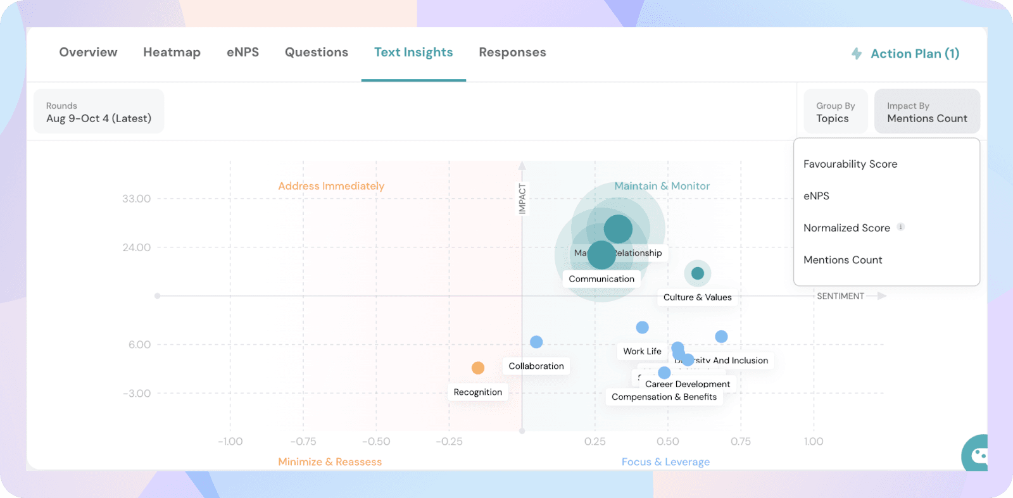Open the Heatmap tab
172,53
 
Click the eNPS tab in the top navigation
242,53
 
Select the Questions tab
316,53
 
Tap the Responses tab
512,53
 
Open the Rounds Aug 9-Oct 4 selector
99,112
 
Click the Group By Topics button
835,112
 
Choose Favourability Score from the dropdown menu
850,164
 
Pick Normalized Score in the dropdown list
846,228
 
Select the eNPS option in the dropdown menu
816,196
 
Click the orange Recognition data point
478,368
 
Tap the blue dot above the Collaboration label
536,342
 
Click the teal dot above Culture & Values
698,273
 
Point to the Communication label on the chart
601,279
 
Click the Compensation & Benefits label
664,397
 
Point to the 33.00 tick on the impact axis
137,199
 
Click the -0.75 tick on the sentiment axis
303,442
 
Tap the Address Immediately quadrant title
331,186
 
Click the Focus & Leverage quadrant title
665,462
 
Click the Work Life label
642,351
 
